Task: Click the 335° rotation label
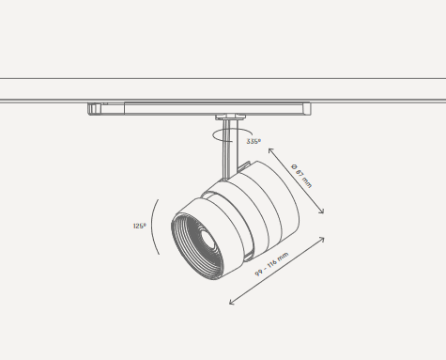tap(254, 141)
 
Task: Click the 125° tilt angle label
tap(140, 226)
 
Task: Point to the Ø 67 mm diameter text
tap(301, 176)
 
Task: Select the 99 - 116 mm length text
tap(271, 264)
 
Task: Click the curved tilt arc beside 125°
tap(152, 227)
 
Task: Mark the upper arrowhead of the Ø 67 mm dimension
tap(271, 151)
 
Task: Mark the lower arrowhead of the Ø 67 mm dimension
tap(321, 211)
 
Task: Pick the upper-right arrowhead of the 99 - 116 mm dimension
tap(321, 240)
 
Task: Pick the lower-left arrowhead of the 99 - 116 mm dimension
tap(232, 302)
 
